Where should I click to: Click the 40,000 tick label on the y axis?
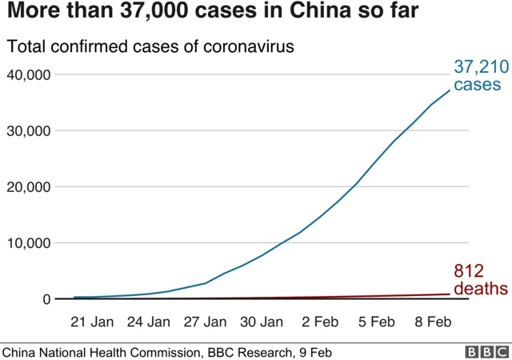pyautogui.click(x=29, y=74)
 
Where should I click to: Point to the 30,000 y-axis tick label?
pyautogui.click(x=29, y=130)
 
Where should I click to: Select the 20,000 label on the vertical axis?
pyautogui.click(x=29, y=186)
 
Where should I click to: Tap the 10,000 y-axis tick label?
pyautogui.click(x=29, y=242)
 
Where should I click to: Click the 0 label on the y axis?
pyautogui.click(x=46, y=299)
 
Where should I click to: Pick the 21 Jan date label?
pyautogui.click(x=92, y=323)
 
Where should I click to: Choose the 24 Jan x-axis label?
pyautogui.click(x=149, y=323)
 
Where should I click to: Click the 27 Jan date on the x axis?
pyautogui.click(x=205, y=323)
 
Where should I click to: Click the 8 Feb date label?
pyautogui.click(x=431, y=323)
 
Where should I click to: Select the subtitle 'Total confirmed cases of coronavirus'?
pyautogui.click(x=150, y=46)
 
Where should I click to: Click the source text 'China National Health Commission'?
pyautogui.click(x=101, y=352)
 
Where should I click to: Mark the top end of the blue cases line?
pyautogui.click(x=450, y=89)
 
